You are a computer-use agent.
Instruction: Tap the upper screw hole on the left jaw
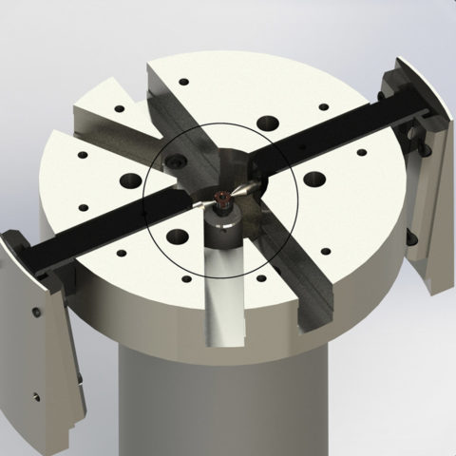pyautogui.click(x=35, y=314)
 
